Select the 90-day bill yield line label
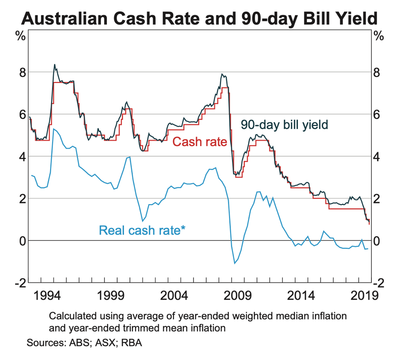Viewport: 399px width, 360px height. point(284,124)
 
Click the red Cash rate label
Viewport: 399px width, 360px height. point(199,142)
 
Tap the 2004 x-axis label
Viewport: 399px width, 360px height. point(172,295)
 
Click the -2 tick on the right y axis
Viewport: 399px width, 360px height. point(379,283)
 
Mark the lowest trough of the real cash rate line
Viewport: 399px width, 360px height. point(234,264)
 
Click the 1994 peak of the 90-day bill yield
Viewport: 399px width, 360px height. point(54,65)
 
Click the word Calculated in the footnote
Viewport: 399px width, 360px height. point(71,316)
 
